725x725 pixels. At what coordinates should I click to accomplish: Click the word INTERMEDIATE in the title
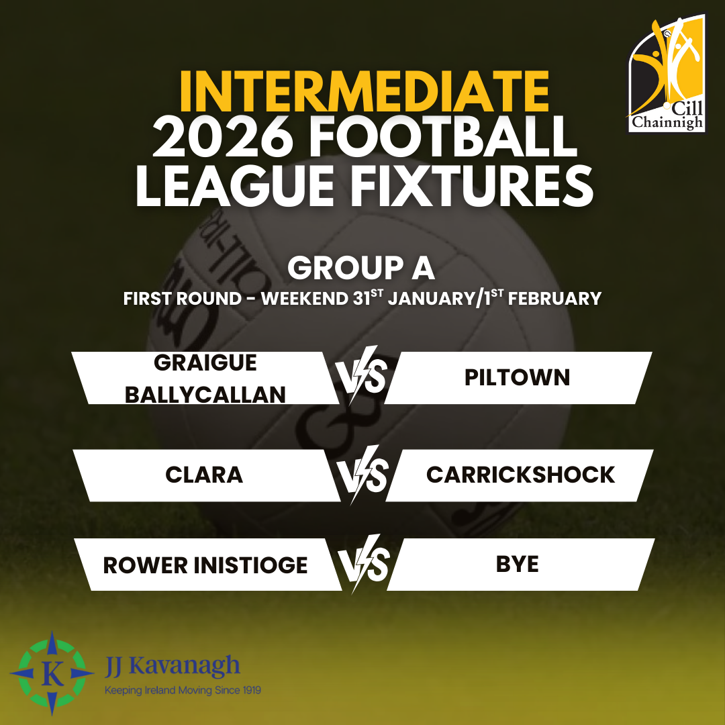coord(365,91)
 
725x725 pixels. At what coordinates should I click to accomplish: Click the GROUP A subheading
coord(361,268)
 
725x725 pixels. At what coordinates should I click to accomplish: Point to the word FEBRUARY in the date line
coord(555,298)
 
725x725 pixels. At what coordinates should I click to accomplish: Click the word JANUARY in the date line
coord(431,298)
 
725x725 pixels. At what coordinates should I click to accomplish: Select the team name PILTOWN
coord(517,378)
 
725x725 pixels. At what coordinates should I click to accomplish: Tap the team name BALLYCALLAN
coord(205,395)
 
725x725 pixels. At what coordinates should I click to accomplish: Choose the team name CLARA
coord(204,475)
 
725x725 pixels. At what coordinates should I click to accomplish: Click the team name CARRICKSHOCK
coord(521,475)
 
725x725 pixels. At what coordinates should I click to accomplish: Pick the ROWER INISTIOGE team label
coord(205,565)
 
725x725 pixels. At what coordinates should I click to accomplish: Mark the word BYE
coord(518,564)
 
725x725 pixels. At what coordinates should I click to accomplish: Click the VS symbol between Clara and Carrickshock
coord(362,475)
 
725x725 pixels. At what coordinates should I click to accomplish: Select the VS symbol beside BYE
coord(363,564)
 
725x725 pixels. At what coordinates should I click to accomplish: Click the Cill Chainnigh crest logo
coord(667,74)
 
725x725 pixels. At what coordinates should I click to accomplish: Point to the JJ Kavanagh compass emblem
coord(52,673)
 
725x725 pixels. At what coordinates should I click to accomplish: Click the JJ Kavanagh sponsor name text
coord(172,667)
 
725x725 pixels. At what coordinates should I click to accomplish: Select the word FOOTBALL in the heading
coord(443,137)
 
